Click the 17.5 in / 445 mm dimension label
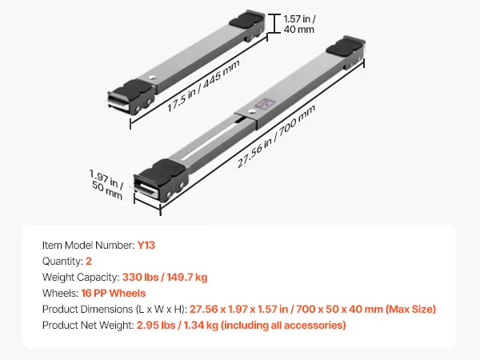coord(203,86)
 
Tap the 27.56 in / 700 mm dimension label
coord(277,137)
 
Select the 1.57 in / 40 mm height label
coord(299,24)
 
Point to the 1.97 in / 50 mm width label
coord(106,184)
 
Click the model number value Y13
coord(146,246)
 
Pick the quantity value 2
coord(89,261)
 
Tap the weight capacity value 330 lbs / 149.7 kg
coord(165,278)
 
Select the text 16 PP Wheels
coord(114,294)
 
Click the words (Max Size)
coord(410,309)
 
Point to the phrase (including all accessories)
coord(283,325)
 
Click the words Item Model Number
coord(87,246)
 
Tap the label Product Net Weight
coord(87,325)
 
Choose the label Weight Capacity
coord(80,278)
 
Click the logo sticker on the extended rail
coord(264,104)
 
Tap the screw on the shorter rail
coord(151,78)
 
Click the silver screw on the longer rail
coord(251,112)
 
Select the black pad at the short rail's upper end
coord(246,19)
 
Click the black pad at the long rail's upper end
coord(345,46)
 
